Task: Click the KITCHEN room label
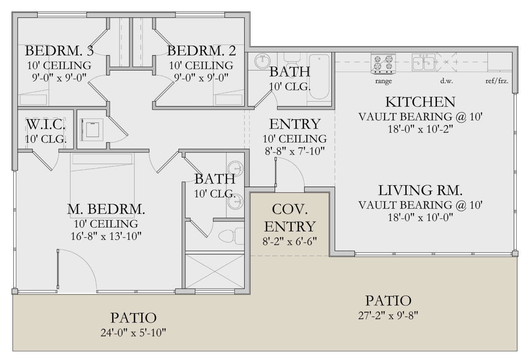tap(420, 102)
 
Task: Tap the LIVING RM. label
tap(420, 190)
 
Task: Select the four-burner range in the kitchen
tap(383, 64)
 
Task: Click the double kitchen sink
tap(424, 62)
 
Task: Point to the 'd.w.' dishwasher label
tap(447, 81)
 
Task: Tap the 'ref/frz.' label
tap(497, 81)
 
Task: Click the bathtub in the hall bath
tap(319, 77)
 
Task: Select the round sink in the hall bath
tap(262, 61)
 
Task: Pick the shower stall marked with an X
tap(215, 271)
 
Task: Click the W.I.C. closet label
tap(46, 125)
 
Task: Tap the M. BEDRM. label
tap(106, 209)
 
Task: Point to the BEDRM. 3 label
tap(59, 51)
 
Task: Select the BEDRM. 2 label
tap(202, 51)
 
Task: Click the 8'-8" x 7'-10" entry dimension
tap(295, 151)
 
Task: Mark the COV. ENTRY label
tap(290, 218)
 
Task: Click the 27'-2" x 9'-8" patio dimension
tap(388, 316)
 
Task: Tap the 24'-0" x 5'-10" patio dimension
tap(133, 333)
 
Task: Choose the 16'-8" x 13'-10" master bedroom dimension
tap(106, 236)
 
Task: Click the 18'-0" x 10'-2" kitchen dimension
tap(421, 129)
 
